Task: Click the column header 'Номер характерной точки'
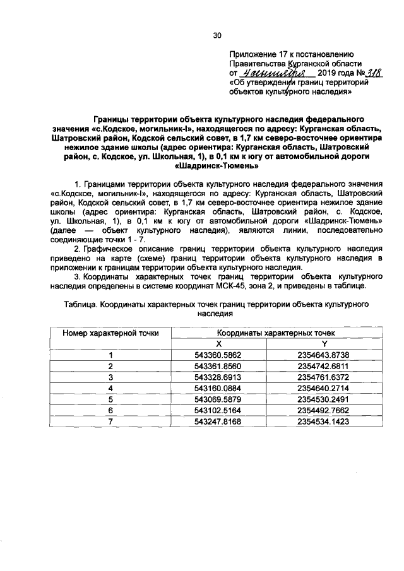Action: (110, 332)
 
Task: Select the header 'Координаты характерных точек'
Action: (276, 332)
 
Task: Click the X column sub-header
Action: (219, 343)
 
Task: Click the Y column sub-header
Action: (324, 343)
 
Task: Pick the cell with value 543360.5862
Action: (219, 355)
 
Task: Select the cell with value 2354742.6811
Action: (324, 366)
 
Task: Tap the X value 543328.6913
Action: (219, 377)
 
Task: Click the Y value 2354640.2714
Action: (324, 387)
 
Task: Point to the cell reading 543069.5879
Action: (219, 399)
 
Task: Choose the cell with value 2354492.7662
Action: (324, 409)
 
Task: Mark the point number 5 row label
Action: (110, 399)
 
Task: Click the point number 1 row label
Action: (110, 355)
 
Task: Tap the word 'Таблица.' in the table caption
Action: (81, 303)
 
